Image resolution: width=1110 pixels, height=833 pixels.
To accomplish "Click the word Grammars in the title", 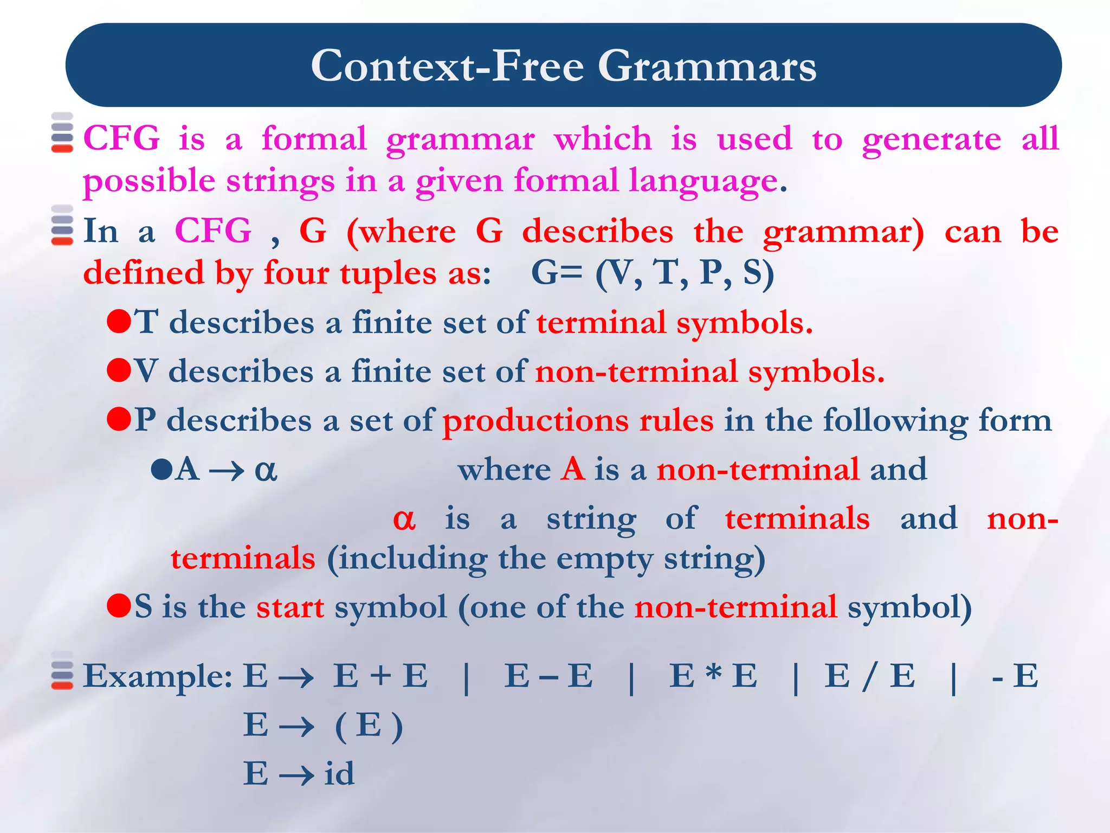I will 707,66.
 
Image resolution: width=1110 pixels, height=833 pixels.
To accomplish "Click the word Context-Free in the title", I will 447,66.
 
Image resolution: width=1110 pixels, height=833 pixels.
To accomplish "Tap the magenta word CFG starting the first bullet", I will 121,138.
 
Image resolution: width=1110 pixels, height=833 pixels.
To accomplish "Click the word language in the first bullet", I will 704,181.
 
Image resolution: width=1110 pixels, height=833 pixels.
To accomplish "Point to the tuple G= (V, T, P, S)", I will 652,273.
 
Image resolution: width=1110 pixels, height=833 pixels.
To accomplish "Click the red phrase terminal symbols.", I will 674,323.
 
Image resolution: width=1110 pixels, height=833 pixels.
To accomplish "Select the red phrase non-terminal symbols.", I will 709,372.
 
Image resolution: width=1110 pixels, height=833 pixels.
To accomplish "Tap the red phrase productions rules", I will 578,421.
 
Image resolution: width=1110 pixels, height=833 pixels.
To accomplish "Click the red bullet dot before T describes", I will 119,321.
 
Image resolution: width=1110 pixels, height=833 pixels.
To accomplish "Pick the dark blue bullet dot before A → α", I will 162,469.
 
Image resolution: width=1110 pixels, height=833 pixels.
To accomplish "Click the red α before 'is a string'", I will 404,518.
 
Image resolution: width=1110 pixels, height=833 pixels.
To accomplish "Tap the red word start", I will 290,607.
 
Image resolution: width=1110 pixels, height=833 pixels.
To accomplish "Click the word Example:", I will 158,676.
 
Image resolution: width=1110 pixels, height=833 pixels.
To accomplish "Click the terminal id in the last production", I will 339,774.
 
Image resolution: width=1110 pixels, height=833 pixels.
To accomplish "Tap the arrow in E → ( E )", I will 296,726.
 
